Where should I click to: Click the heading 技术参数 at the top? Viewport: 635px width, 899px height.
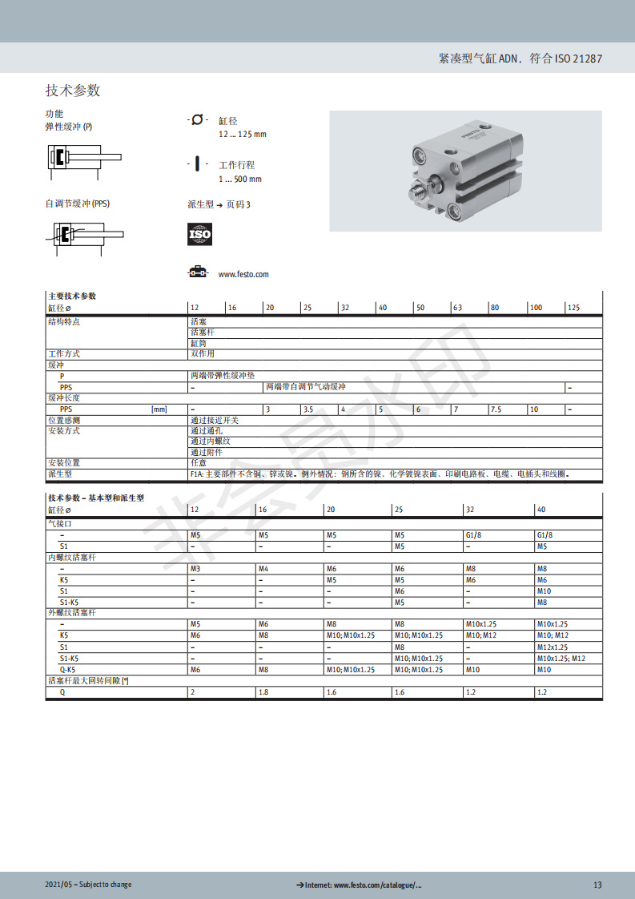(73, 91)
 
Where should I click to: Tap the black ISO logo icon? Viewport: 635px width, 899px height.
(199, 234)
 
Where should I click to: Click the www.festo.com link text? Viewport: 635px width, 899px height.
(243, 274)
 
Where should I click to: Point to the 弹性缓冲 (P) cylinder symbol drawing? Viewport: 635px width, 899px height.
(83, 157)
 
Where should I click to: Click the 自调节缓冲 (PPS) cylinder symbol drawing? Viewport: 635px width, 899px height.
(83, 235)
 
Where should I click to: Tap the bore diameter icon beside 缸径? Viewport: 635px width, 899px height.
(197, 120)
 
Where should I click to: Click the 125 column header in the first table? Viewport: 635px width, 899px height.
(573, 308)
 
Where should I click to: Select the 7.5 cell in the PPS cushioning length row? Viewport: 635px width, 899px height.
(496, 409)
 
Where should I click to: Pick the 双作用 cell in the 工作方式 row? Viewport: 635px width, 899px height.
(203, 353)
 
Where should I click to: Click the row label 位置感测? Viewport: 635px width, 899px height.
(64, 420)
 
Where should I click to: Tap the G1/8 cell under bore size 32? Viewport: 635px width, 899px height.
(476, 535)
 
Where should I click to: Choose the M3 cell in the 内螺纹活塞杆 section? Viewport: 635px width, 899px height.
(195, 568)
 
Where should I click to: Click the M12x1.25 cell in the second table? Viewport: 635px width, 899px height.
(552, 647)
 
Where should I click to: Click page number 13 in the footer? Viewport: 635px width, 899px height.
(597, 885)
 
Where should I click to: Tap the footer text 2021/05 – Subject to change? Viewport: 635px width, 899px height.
(88, 885)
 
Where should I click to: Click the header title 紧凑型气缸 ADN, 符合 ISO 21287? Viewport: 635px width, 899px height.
(520, 58)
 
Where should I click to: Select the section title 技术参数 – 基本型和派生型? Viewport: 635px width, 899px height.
(96, 498)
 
